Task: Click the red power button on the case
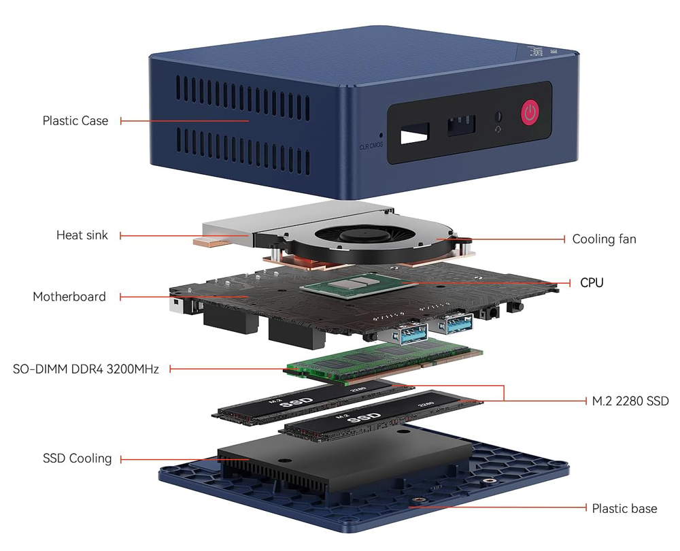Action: [530, 113]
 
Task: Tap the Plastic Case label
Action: [75, 120]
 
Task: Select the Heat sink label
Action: [82, 235]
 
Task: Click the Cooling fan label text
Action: [604, 239]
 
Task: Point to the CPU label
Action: [591, 282]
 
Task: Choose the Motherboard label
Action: [69, 297]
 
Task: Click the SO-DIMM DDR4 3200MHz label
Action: [86, 369]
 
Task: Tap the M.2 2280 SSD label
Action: [630, 401]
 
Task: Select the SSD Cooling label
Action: [77, 458]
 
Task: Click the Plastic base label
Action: [624, 508]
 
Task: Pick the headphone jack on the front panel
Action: [499, 117]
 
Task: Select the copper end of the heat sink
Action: [211, 241]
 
